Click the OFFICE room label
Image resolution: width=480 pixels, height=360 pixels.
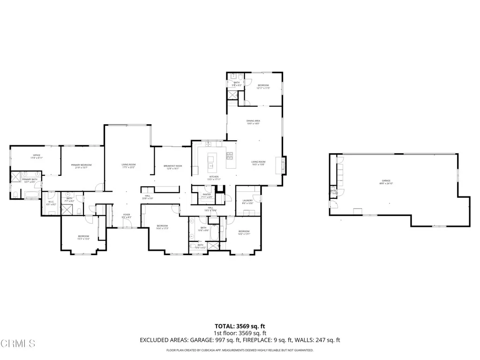(36, 155)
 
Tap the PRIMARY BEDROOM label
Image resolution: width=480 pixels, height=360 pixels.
(81, 165)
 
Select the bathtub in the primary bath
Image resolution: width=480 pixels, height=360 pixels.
(31, 195)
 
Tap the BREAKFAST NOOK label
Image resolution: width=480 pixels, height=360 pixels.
(172, 166)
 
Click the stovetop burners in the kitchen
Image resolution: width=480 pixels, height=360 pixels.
(230, 155)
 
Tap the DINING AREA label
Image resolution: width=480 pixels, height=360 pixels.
(253, 121)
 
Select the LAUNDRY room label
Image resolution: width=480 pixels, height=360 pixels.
(247, 200)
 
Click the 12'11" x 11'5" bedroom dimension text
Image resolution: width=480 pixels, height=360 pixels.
(263, 88)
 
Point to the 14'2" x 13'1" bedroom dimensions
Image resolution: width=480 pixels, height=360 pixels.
(244, 234)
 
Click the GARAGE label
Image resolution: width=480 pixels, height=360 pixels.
(386, 180)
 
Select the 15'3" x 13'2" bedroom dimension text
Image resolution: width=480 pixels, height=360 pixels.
(83, 239)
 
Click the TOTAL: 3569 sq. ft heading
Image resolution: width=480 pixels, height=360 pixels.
(240, 326)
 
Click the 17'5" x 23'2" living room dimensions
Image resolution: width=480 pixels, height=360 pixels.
(128, 167)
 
